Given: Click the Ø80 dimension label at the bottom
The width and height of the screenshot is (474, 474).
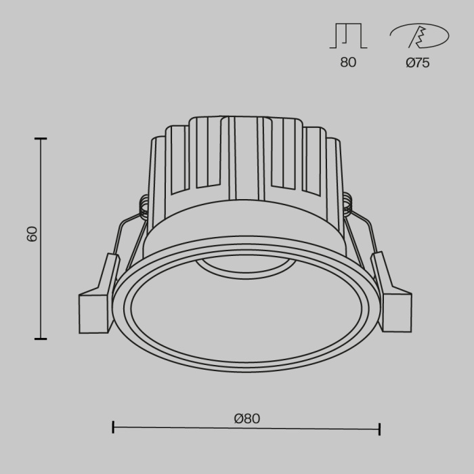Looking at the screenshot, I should pyautogui.click(x=246, y=418).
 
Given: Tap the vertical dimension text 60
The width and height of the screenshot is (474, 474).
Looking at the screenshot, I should pyautogui.click(x=32, y=234).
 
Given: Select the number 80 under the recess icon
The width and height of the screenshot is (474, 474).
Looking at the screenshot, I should pyautogui.click(x=347, y=62).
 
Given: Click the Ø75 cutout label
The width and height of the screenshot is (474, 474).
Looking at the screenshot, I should pyautogui.click(x=417, y=62).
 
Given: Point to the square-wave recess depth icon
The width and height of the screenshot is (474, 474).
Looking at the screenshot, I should pyautogui.click(x=347, y=36).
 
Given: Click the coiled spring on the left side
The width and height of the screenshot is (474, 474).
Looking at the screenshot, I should pyautogui.click(x=144, y=205).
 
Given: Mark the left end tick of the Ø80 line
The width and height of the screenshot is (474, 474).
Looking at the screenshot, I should pyautogui.click(x=113, y=427).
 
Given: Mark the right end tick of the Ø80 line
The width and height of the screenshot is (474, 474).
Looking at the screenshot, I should pyautogui.click(x=379, y=428).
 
